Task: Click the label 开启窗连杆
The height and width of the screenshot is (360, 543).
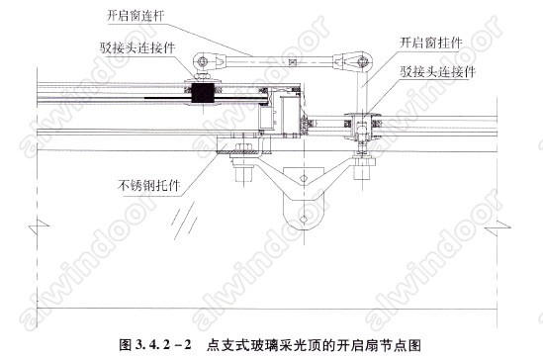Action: coord(136,16)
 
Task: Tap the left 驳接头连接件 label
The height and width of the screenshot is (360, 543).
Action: coord(137,47)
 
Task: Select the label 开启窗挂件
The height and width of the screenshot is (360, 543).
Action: coord(431,43)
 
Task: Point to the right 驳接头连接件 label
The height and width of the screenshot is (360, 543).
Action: coord(438,71)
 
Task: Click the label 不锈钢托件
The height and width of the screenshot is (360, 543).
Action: coord(149,186)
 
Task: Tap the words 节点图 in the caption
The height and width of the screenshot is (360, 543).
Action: coord(403,345)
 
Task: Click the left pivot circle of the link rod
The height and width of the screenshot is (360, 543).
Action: coord(202,62)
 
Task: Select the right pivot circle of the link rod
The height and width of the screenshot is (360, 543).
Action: coord(362,62)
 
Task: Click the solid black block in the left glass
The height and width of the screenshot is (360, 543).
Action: coord(203,93)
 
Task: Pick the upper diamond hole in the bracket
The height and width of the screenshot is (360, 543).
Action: coord(304,178)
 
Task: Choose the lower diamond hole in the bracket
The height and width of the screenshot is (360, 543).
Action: coord(304,219)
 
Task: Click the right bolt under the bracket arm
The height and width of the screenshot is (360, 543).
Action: coord(363,168)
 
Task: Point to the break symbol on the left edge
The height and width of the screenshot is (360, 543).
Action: coord(39,226)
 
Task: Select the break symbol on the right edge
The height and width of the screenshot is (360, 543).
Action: coord(498,227)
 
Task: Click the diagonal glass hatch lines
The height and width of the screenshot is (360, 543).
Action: coord(185,221)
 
